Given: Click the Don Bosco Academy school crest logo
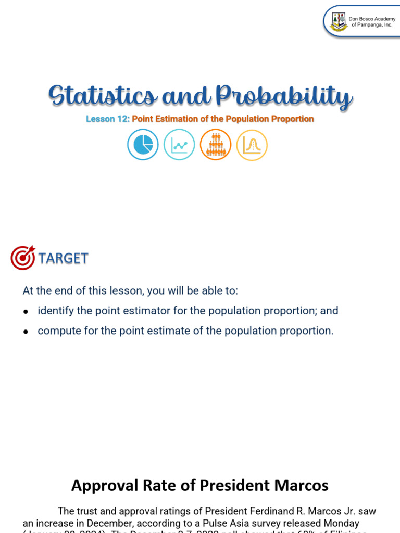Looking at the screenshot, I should [339, 21].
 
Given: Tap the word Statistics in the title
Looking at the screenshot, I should [102, 97].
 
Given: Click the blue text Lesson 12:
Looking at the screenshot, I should [108, 119].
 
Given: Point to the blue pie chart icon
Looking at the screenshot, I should [143, 145].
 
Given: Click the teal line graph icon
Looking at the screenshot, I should [179, 145].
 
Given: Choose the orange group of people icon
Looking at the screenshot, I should [215, 145].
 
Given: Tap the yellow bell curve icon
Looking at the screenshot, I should [252, 145].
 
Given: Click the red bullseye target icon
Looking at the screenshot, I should [23, 258].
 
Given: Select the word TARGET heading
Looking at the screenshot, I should [63, 258].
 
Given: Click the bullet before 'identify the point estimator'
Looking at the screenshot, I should [26, 311].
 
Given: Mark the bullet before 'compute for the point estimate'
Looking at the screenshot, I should [26, 332].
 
